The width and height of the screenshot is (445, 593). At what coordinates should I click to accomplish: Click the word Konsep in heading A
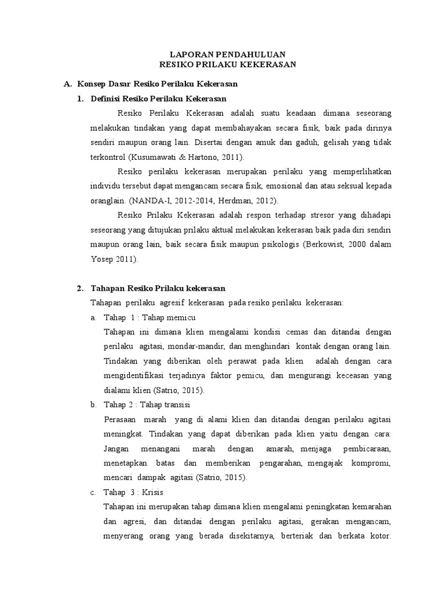pyautogui.click(x=92, y=85)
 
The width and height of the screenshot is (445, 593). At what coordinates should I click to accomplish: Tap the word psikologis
pyautogui.click(x=272, y=245)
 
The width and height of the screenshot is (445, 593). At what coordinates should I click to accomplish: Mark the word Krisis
pyautogui.click(x=152, y=492)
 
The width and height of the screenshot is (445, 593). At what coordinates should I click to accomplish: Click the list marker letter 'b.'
pyautogui.click(x=93, y=404)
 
